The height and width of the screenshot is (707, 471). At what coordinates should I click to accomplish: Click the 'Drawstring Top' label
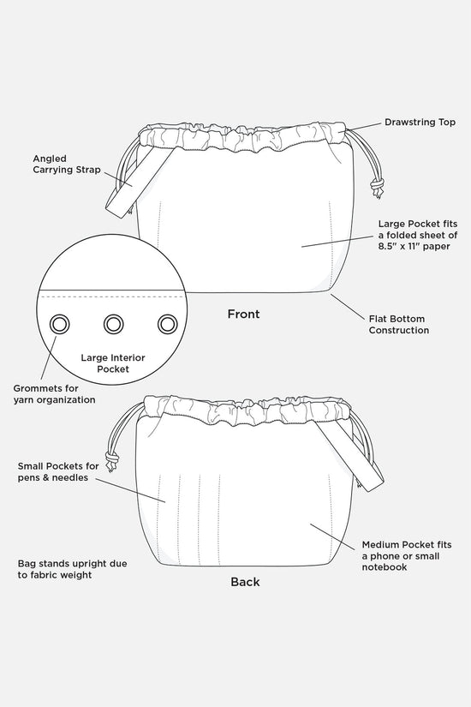420,123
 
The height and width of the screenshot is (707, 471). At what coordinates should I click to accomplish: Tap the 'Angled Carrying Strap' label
66,164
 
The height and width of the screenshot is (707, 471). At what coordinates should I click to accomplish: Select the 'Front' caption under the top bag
243,315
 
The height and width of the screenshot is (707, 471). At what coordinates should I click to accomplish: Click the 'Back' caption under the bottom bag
245,582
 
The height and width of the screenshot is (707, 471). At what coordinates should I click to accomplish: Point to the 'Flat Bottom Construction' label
398,323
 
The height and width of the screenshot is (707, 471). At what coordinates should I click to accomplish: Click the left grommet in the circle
61,324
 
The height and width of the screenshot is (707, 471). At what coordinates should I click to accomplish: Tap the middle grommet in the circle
113,324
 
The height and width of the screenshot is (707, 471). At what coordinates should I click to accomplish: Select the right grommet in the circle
166,324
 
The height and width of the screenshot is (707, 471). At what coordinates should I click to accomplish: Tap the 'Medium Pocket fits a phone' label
406,555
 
